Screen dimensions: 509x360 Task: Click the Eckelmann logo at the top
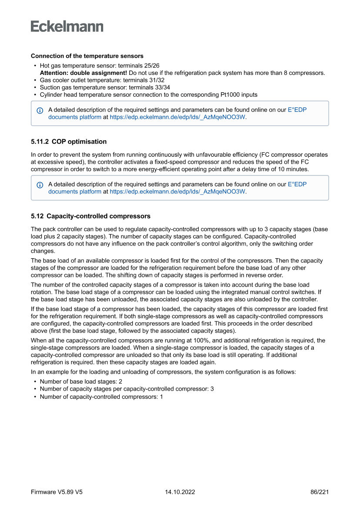pyautogui.click(x=67, y=26)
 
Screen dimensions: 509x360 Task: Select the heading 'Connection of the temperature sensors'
pyautogui.click(x=87, y=56)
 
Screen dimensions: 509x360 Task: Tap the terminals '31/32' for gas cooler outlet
pyautogui.click(x=157, y=80)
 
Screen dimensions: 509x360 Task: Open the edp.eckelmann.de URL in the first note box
pyautogui.click(x=178, y=117)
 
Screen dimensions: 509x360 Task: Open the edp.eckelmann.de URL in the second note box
pyautogui.click(x=178, y=192)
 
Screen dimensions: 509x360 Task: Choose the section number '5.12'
pyautogui.click(x=37, y=216)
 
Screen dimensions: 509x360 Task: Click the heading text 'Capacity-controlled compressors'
pyautogui.click(x=98, y=216)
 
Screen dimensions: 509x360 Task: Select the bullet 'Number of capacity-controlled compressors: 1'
pyautogui.click(x=101, y=397)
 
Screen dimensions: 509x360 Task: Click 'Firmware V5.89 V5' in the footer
pyautogui.click(x=57, y=492)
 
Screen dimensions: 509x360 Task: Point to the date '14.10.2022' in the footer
pyautogui.click(x=180, y=492)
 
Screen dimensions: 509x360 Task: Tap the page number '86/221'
pyautogui.click(x=319, y=492)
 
